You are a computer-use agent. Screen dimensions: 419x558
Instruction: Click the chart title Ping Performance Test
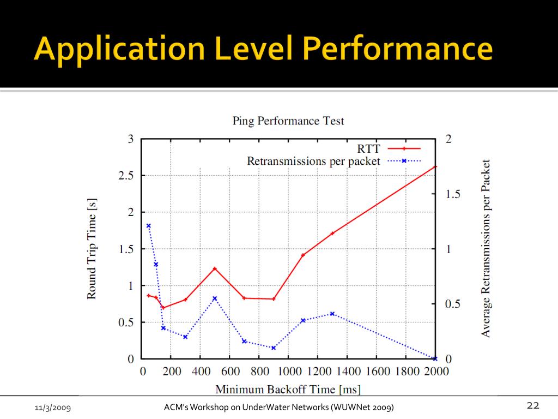click(288, 121)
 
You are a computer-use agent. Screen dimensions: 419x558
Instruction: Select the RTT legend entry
click(368, 148)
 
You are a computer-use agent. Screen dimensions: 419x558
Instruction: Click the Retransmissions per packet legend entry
click(313, 161)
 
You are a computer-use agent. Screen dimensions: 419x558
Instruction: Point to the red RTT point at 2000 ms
click(435, 166)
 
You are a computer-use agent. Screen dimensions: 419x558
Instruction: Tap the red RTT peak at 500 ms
click(215, 268)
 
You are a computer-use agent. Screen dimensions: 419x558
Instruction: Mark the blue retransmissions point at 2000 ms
click(435, 358)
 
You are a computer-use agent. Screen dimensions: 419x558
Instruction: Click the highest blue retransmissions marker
click(148, 225)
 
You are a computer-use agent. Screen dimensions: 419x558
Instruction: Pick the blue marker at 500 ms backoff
click(215, 298)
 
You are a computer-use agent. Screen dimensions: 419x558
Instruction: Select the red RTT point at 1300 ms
click(332, 234)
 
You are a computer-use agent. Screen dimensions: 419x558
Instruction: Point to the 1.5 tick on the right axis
click(452, 194)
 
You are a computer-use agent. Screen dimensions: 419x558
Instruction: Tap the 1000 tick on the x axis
click(288, 372)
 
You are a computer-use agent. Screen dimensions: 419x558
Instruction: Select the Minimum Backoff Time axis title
click(288, 390)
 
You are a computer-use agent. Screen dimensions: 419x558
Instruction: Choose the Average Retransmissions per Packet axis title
click(487, 248)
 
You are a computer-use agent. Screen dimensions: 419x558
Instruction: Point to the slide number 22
click(532, 405)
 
